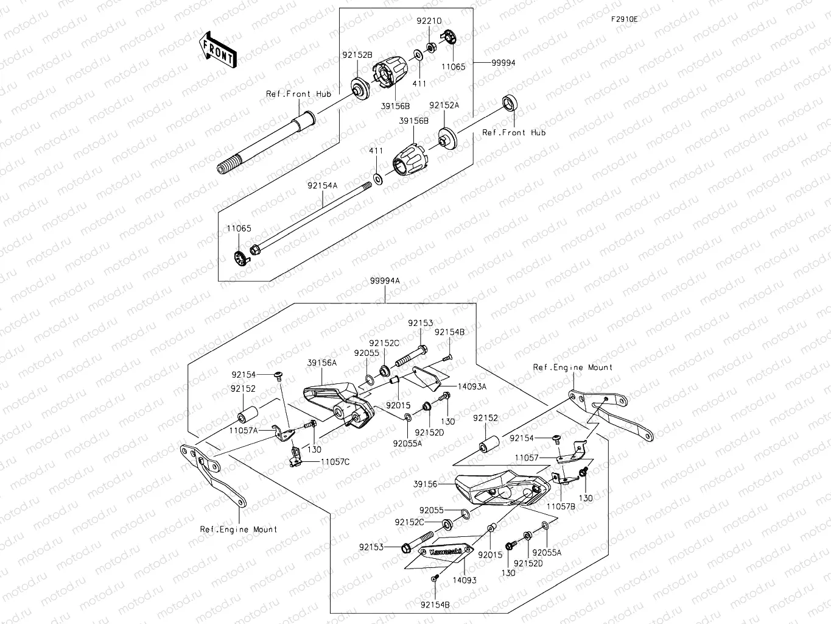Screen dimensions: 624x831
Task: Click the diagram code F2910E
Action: (625, 19)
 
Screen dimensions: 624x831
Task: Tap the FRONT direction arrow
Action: (218, 49)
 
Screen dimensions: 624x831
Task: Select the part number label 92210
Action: (429, 21)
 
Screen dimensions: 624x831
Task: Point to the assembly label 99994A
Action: (385, 281)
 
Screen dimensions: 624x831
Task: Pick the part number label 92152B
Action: (357, 55)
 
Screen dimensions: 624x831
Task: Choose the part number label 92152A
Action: (444, 105)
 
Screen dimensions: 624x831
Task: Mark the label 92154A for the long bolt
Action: (322, 185)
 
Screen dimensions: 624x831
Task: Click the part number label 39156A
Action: (321, 363)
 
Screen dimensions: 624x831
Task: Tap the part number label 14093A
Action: (472, 386)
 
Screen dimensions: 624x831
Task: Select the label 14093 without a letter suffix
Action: (464, 580)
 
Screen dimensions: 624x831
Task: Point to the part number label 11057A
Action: (244, 430)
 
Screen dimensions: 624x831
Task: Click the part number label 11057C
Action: (335, 462)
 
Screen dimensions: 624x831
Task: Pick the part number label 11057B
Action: (561, 506)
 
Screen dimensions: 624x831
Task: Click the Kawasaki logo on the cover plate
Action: (445, 551)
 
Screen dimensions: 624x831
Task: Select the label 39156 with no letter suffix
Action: (425, 484)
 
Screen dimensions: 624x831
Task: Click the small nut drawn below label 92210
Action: (430, 48)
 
